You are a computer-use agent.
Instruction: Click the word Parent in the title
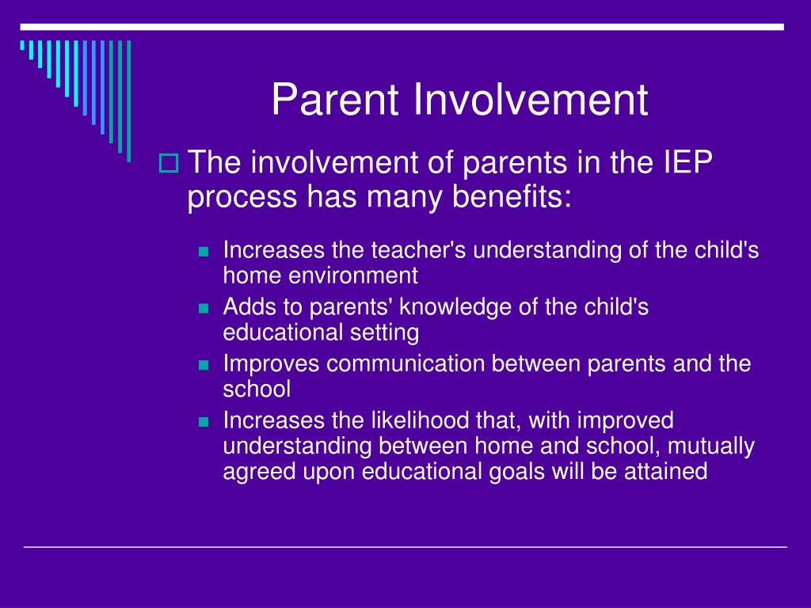pos(335,99)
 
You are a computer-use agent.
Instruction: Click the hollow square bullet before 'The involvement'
pos(169,163)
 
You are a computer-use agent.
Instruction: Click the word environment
pos(352,275)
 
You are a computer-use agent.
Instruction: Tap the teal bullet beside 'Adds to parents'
pos(204,309)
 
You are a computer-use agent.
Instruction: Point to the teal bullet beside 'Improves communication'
pos(204,366)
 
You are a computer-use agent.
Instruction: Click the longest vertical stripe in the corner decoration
pos(129,101)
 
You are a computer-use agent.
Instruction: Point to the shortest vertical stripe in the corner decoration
pos(22,45)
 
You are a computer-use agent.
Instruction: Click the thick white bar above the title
pos(402,27)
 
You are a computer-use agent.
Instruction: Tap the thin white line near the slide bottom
pos(405,546)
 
